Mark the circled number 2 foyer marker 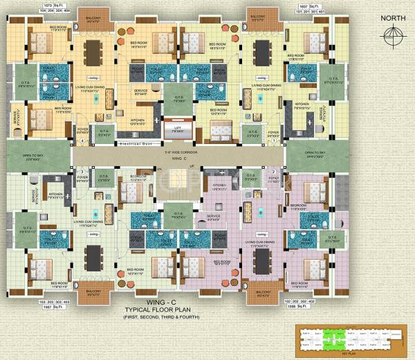click(x=275, y=171)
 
